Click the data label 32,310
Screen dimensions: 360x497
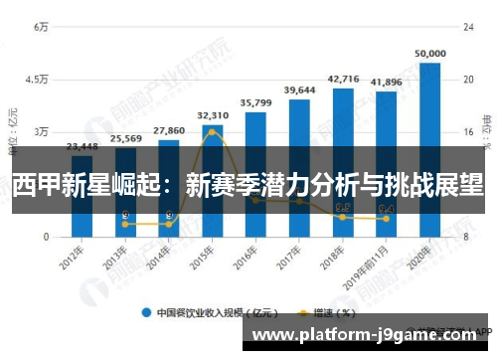(x=213, y=115)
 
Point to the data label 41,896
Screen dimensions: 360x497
(x=386, y=82)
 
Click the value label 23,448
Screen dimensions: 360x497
(x=82, y=146)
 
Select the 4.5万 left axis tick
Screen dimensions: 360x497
(x=37, y=80)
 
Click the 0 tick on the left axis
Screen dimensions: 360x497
(x=45, y=237)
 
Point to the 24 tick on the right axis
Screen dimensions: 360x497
(x=465, y=27)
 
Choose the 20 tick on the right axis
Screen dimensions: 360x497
(x=465, y=80)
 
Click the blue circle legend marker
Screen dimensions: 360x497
(x=146, y=312)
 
